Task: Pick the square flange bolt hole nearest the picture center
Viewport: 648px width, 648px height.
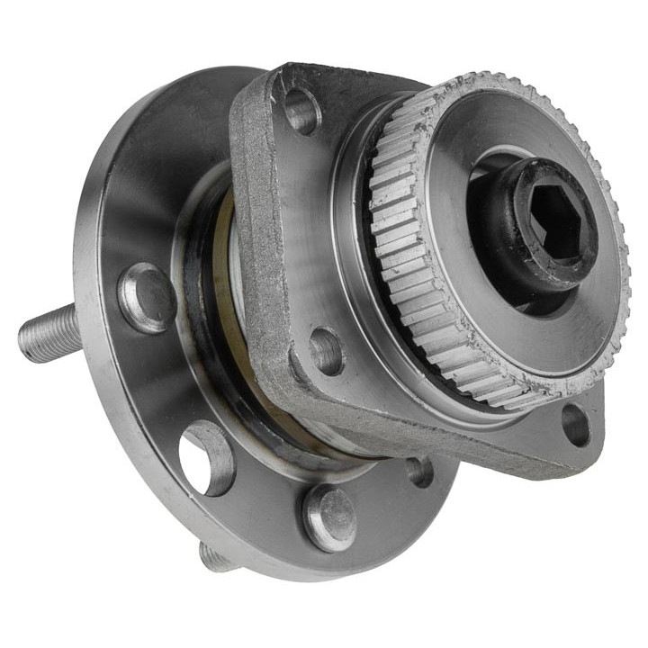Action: coord(326,350)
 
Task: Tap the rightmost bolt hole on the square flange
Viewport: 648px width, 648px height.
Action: coord(575,424)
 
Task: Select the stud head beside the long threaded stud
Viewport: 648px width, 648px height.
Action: coord(145,296)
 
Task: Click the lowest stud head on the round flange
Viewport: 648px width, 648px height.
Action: coord(328,517)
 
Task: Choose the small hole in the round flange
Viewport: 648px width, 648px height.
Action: coord(418,470)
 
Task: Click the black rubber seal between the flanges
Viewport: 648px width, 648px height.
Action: coord(202,297)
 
